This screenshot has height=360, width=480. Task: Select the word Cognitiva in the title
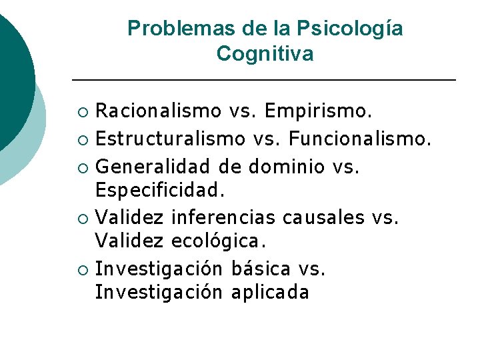[265, 54]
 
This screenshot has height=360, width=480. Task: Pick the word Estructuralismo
[170, 139]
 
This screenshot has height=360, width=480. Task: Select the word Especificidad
[160, 191]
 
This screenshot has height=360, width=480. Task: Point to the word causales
[323, 217]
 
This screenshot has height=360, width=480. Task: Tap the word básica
[261, 269]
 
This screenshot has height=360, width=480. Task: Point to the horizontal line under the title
[263, 80]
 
